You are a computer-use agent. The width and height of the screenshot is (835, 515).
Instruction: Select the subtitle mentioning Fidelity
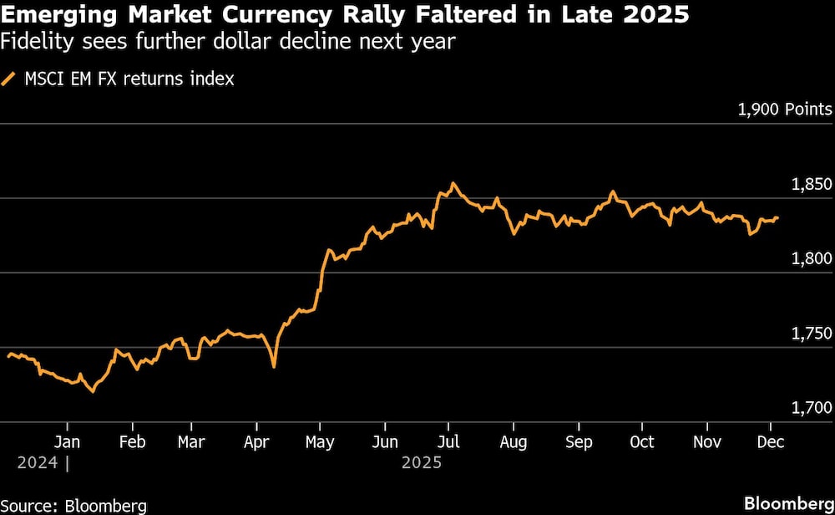tap(229, 42)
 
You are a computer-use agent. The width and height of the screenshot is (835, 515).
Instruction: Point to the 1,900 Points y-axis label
tap(784, 110)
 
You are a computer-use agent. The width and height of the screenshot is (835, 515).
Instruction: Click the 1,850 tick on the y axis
tap(809, 184)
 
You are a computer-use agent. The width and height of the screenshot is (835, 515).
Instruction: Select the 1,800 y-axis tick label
tap(809, 258)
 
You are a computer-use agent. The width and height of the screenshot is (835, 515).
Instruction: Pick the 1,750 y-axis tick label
tap(809, 333)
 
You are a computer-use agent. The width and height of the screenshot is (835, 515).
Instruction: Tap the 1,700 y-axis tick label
tap(809, 407)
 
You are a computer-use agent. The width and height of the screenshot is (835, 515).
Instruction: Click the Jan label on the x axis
tap(67, 441)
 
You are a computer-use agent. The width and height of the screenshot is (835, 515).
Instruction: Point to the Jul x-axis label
tap(449, 441)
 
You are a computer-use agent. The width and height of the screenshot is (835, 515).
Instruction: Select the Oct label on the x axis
tap(642, 441)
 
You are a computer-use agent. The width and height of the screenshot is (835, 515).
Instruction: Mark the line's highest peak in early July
tap(453, 183)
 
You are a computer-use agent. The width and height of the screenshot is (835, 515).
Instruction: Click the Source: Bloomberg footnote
tap(73, 505)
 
